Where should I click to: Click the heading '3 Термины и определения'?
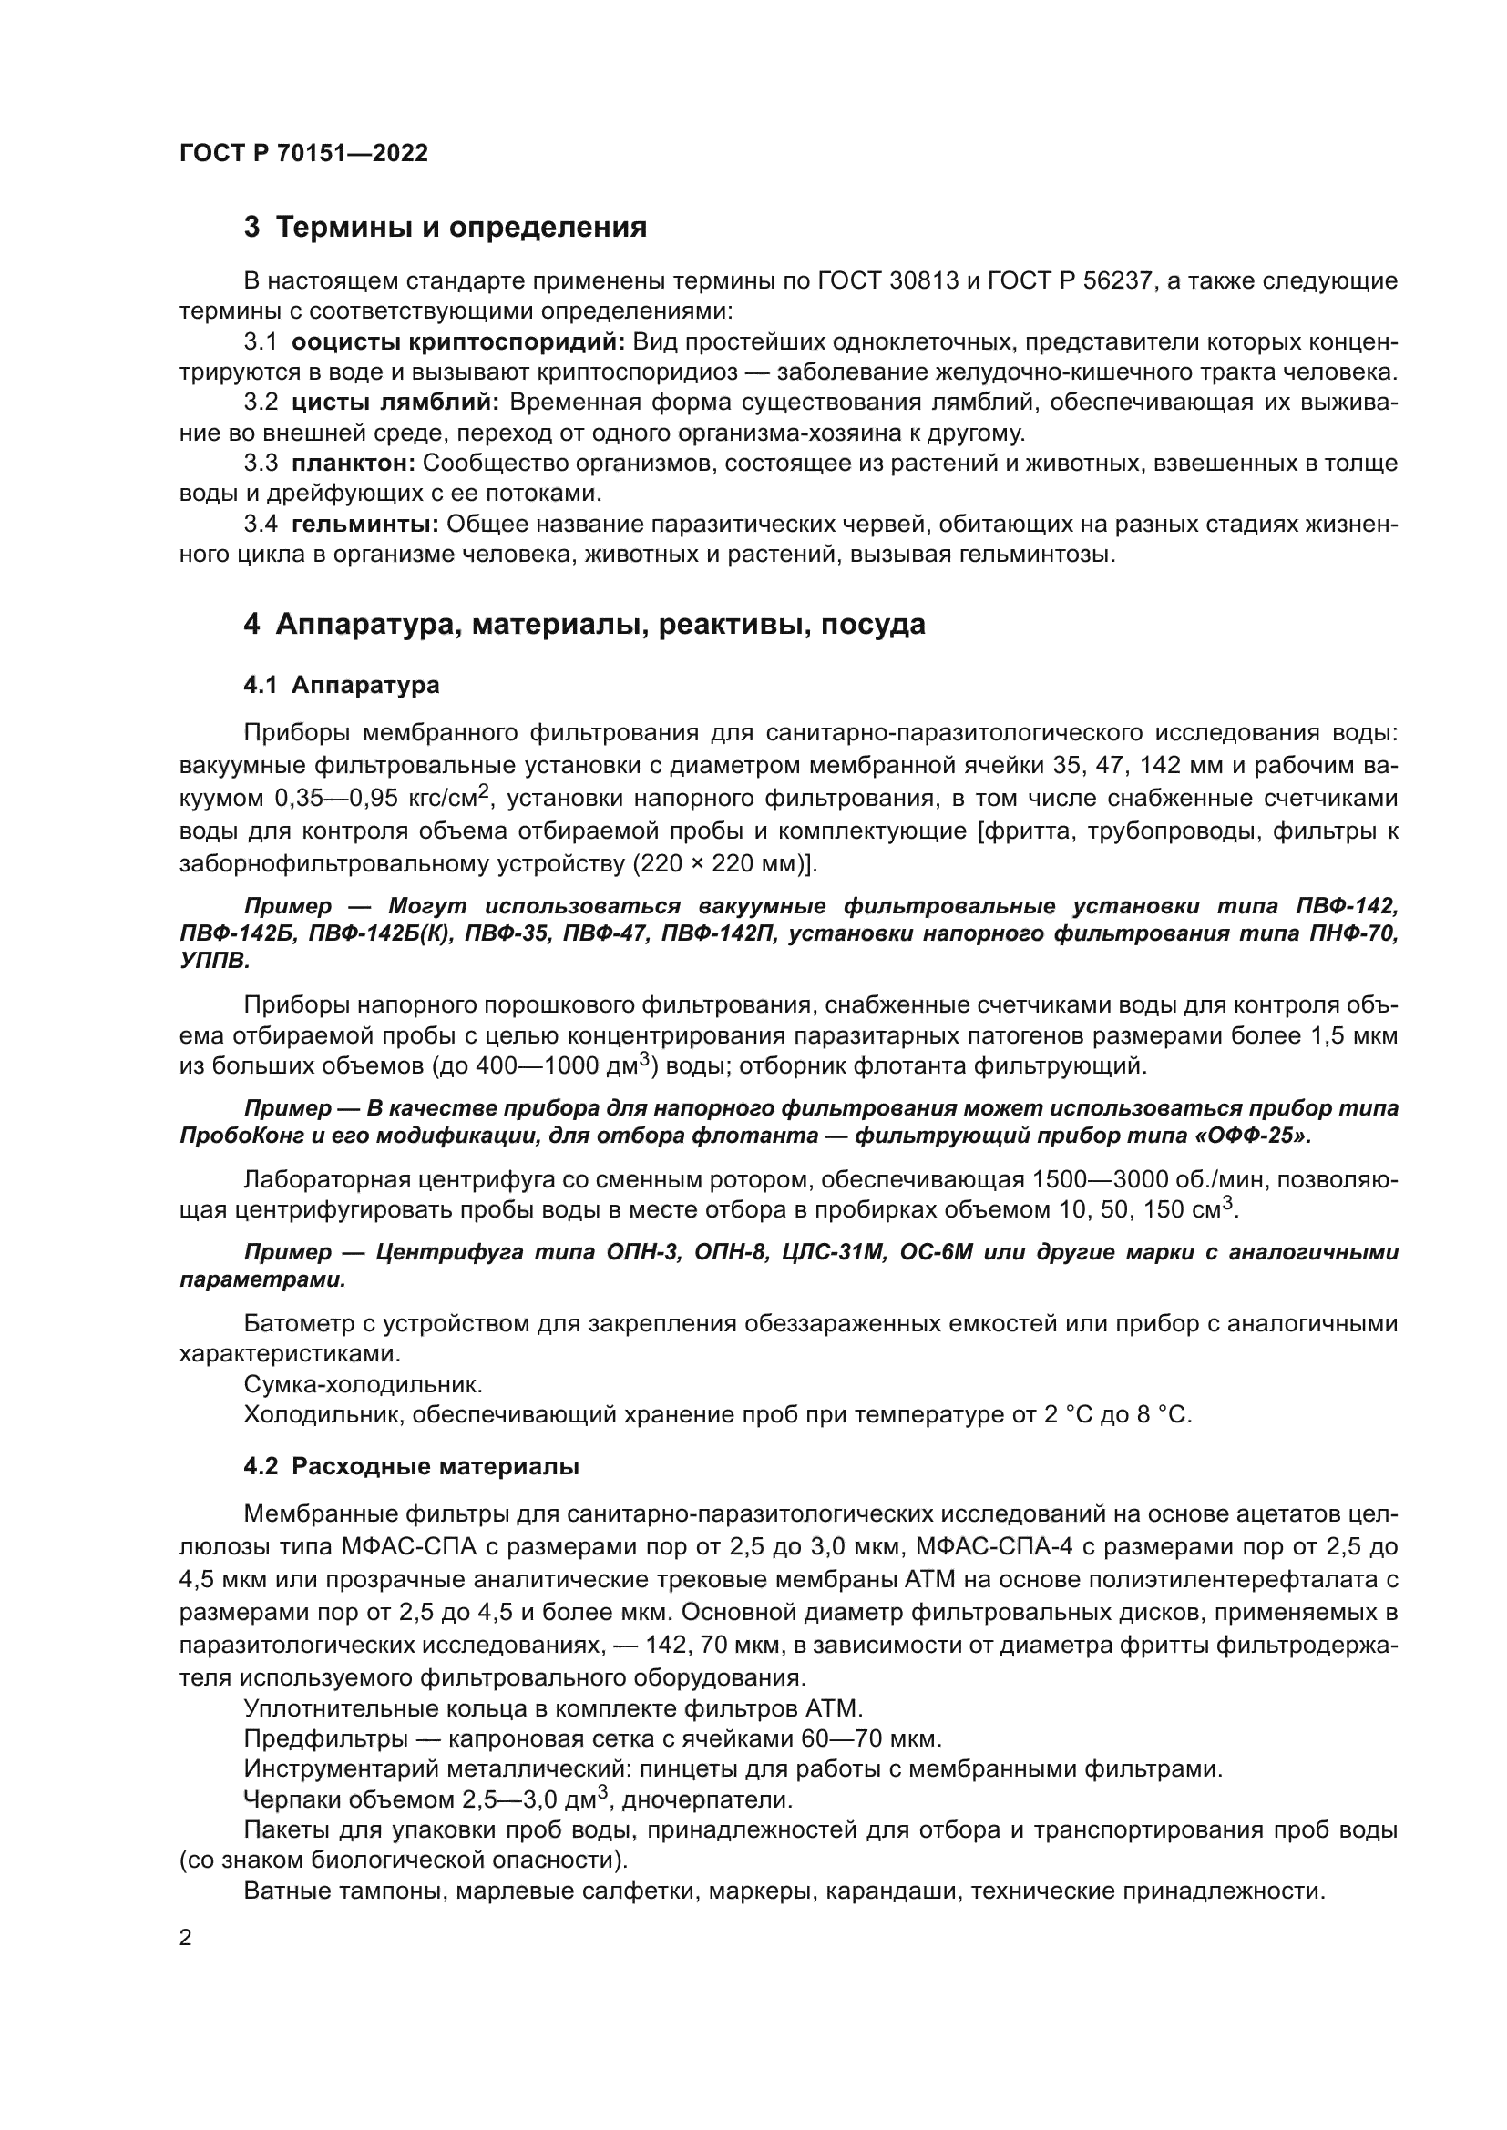446,228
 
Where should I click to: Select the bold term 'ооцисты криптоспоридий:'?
458,342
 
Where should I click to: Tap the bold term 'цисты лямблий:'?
395,403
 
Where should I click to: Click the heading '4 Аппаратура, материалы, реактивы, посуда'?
585,625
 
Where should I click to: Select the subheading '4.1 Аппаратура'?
342,686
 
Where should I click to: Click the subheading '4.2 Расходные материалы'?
411,1467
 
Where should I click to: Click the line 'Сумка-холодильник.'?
363,1385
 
